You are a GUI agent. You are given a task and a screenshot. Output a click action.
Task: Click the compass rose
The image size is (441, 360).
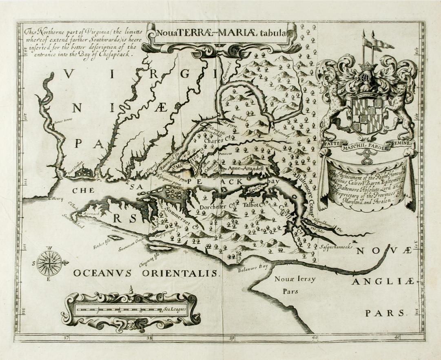(49, 263)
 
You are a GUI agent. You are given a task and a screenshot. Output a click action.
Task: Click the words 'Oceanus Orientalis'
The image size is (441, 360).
(146, 273)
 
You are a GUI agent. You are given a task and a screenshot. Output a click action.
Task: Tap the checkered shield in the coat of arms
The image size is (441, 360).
(368, 110)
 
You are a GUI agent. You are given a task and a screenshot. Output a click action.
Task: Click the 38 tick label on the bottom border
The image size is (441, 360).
(149, 338)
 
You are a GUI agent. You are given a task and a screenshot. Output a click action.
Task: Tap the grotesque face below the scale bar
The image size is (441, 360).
(131, 325)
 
